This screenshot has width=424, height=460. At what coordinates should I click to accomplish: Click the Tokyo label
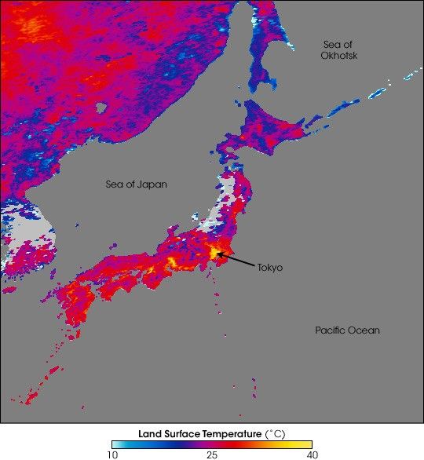click(269, 268)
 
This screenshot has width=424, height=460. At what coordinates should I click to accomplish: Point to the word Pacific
click(330, 330)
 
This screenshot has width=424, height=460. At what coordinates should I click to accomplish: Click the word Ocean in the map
click(364, 330)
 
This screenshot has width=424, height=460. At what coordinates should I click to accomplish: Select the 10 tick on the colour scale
click(113, 454)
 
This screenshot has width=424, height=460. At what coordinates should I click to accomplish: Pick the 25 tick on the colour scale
click(212, 454)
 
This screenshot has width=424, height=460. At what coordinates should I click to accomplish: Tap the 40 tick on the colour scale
click(312, 454)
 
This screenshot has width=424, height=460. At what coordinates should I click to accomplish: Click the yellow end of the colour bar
click(307, 444)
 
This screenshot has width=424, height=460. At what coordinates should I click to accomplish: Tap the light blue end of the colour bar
click(117, 444)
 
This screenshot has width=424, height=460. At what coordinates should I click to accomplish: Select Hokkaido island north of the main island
click(267, 126)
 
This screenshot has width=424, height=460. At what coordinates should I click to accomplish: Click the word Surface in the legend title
click(183, 433)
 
